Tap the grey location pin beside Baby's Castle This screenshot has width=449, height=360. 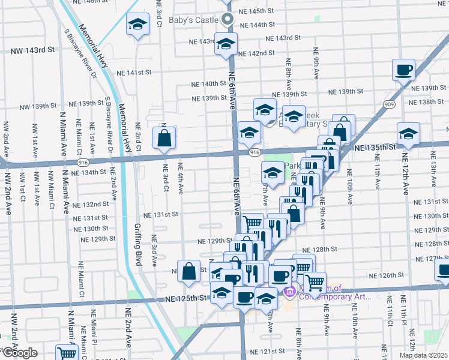coord(227,20)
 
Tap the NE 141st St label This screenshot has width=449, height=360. coord(134,73)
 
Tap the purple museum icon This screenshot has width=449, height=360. coord(289,292)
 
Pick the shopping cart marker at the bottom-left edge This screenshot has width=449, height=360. coord(66,354)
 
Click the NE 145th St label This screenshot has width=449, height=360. coord(257,11)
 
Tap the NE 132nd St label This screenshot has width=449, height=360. coord(89,205)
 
